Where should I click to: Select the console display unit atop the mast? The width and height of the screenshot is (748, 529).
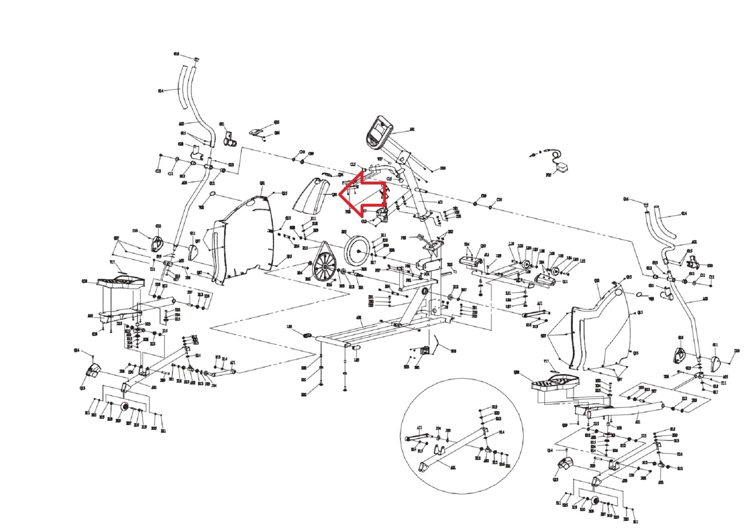point(378,133)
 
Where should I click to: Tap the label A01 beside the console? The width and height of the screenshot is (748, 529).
point(412,129)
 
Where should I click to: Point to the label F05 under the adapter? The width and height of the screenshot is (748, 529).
point(548,175)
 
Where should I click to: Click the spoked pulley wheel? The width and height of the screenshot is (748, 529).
point(324,267)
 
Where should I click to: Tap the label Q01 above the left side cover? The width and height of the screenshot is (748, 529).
point(262,183)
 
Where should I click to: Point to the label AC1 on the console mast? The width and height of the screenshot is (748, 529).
point(440,202)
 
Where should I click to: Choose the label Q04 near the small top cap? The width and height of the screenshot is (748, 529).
point(340,175)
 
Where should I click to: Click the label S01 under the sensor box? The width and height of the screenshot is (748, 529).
point(417,367)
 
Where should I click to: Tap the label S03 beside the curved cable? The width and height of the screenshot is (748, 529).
point(453,351)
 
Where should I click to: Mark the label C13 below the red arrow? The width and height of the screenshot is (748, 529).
point(363,221)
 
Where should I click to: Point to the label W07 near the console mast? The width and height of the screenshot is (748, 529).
point(380,159)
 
